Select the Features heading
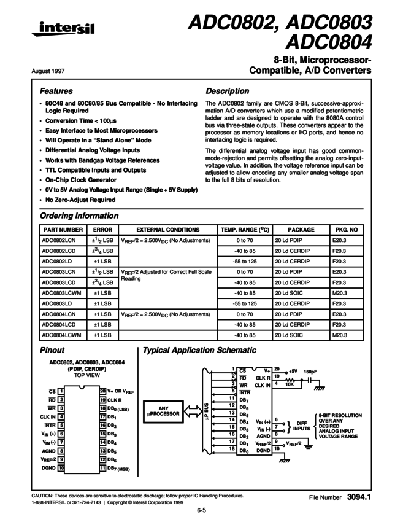56,91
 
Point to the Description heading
227,91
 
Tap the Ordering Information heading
79,216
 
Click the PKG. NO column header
347,229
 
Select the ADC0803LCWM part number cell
61,293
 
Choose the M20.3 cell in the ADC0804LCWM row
340,335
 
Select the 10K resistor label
290,385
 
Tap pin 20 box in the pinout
103,390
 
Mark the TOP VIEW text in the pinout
87,374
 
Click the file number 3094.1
359,496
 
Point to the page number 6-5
201,509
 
